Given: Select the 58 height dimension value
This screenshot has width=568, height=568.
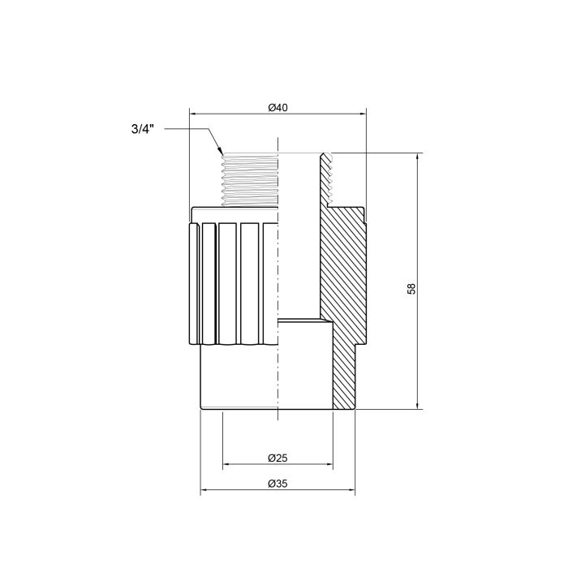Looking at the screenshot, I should pyautogui.click(x=411, y=287).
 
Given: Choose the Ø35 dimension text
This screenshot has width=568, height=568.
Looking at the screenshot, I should pyautogui.click(x=278, y=484).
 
